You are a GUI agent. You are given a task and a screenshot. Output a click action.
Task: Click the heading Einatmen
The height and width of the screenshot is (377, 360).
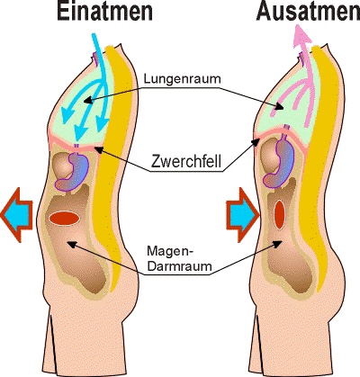[x=105, y=12]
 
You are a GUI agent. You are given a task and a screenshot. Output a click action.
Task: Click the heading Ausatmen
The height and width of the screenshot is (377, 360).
[x=308, y=12]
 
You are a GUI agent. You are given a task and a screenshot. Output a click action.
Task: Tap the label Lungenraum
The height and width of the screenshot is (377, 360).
[x=182, y=79]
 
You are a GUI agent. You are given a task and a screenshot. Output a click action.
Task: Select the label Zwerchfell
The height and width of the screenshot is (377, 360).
[x=186, y=161]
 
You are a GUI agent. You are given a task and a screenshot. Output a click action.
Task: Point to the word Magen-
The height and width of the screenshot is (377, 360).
[x=170, y=251]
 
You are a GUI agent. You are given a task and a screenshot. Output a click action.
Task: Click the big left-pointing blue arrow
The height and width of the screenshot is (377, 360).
[x=16, y=215]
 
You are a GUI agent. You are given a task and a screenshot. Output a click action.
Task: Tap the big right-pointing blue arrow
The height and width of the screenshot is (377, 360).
[x=242, y=215]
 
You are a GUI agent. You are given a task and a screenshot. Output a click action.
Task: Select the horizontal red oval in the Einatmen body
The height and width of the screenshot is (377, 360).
[x=64, y=219]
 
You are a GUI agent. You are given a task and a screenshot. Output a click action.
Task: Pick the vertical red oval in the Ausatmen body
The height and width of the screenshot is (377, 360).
[x=279, y=215]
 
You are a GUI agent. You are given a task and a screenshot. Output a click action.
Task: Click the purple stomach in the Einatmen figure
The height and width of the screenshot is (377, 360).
[x=73, y=173]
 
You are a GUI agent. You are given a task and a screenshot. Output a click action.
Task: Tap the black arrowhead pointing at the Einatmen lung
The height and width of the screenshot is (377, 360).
[x=87, y=101]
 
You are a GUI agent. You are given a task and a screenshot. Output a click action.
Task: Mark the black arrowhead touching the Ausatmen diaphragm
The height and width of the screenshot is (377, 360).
[x=256, y=142]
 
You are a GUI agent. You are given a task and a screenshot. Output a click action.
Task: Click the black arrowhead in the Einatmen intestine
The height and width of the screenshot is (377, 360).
[x=71, y=244]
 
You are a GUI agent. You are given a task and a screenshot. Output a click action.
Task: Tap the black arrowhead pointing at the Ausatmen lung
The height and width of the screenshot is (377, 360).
[x=279, y=107]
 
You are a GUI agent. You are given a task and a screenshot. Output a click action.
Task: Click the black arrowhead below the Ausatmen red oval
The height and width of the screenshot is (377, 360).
[x=278, y=243]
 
